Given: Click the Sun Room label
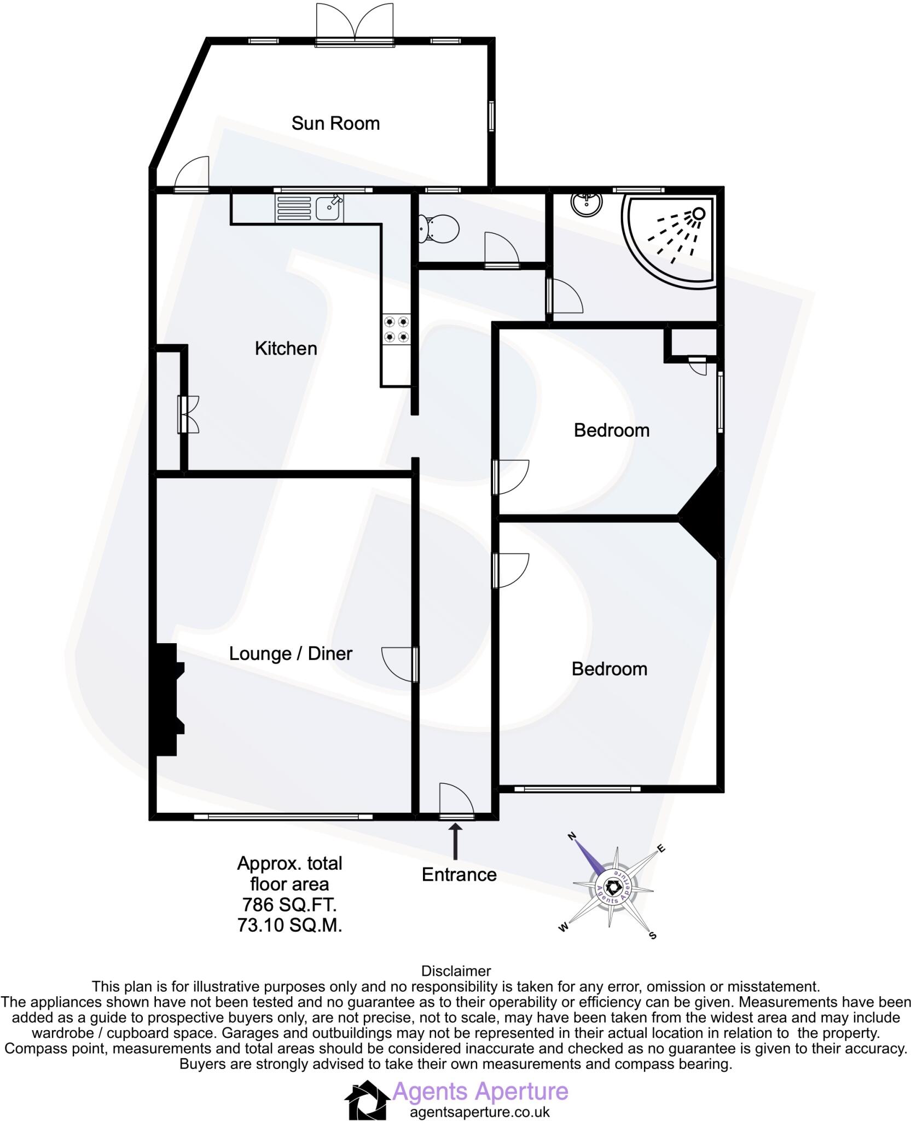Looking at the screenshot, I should pos(335,124).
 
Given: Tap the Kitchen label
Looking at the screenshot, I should pos(286,349).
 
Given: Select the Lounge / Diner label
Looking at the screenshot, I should pos(291,654).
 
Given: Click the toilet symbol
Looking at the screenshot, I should pos(438,229).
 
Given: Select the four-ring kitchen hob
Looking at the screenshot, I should pos(396,329).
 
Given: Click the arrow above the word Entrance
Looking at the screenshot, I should pos(455,841).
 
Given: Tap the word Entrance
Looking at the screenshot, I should pos(459,875).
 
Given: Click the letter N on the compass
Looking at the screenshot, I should pos(572,836).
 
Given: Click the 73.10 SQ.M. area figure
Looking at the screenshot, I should pos(289,925).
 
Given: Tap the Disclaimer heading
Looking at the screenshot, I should pos(456,971).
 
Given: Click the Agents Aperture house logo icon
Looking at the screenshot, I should pos(367,1100).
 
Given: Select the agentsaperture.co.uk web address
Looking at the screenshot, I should pos(480,1112).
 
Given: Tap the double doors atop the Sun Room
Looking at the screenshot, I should pos(355,25).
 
